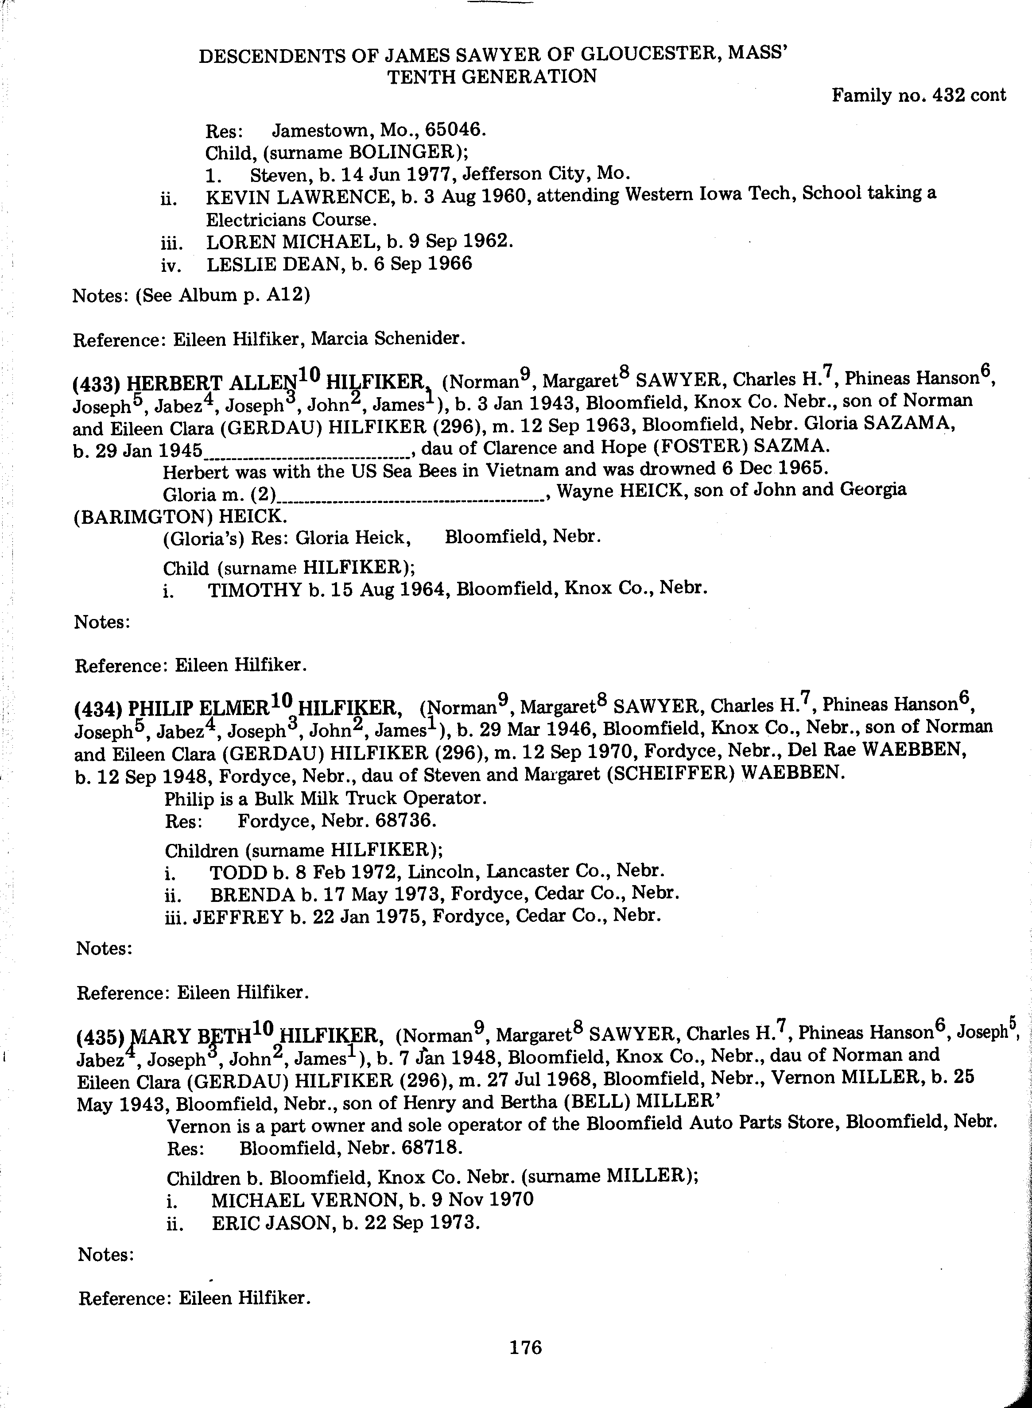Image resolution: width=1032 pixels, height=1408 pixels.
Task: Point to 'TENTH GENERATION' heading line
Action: tap(492, 77)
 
